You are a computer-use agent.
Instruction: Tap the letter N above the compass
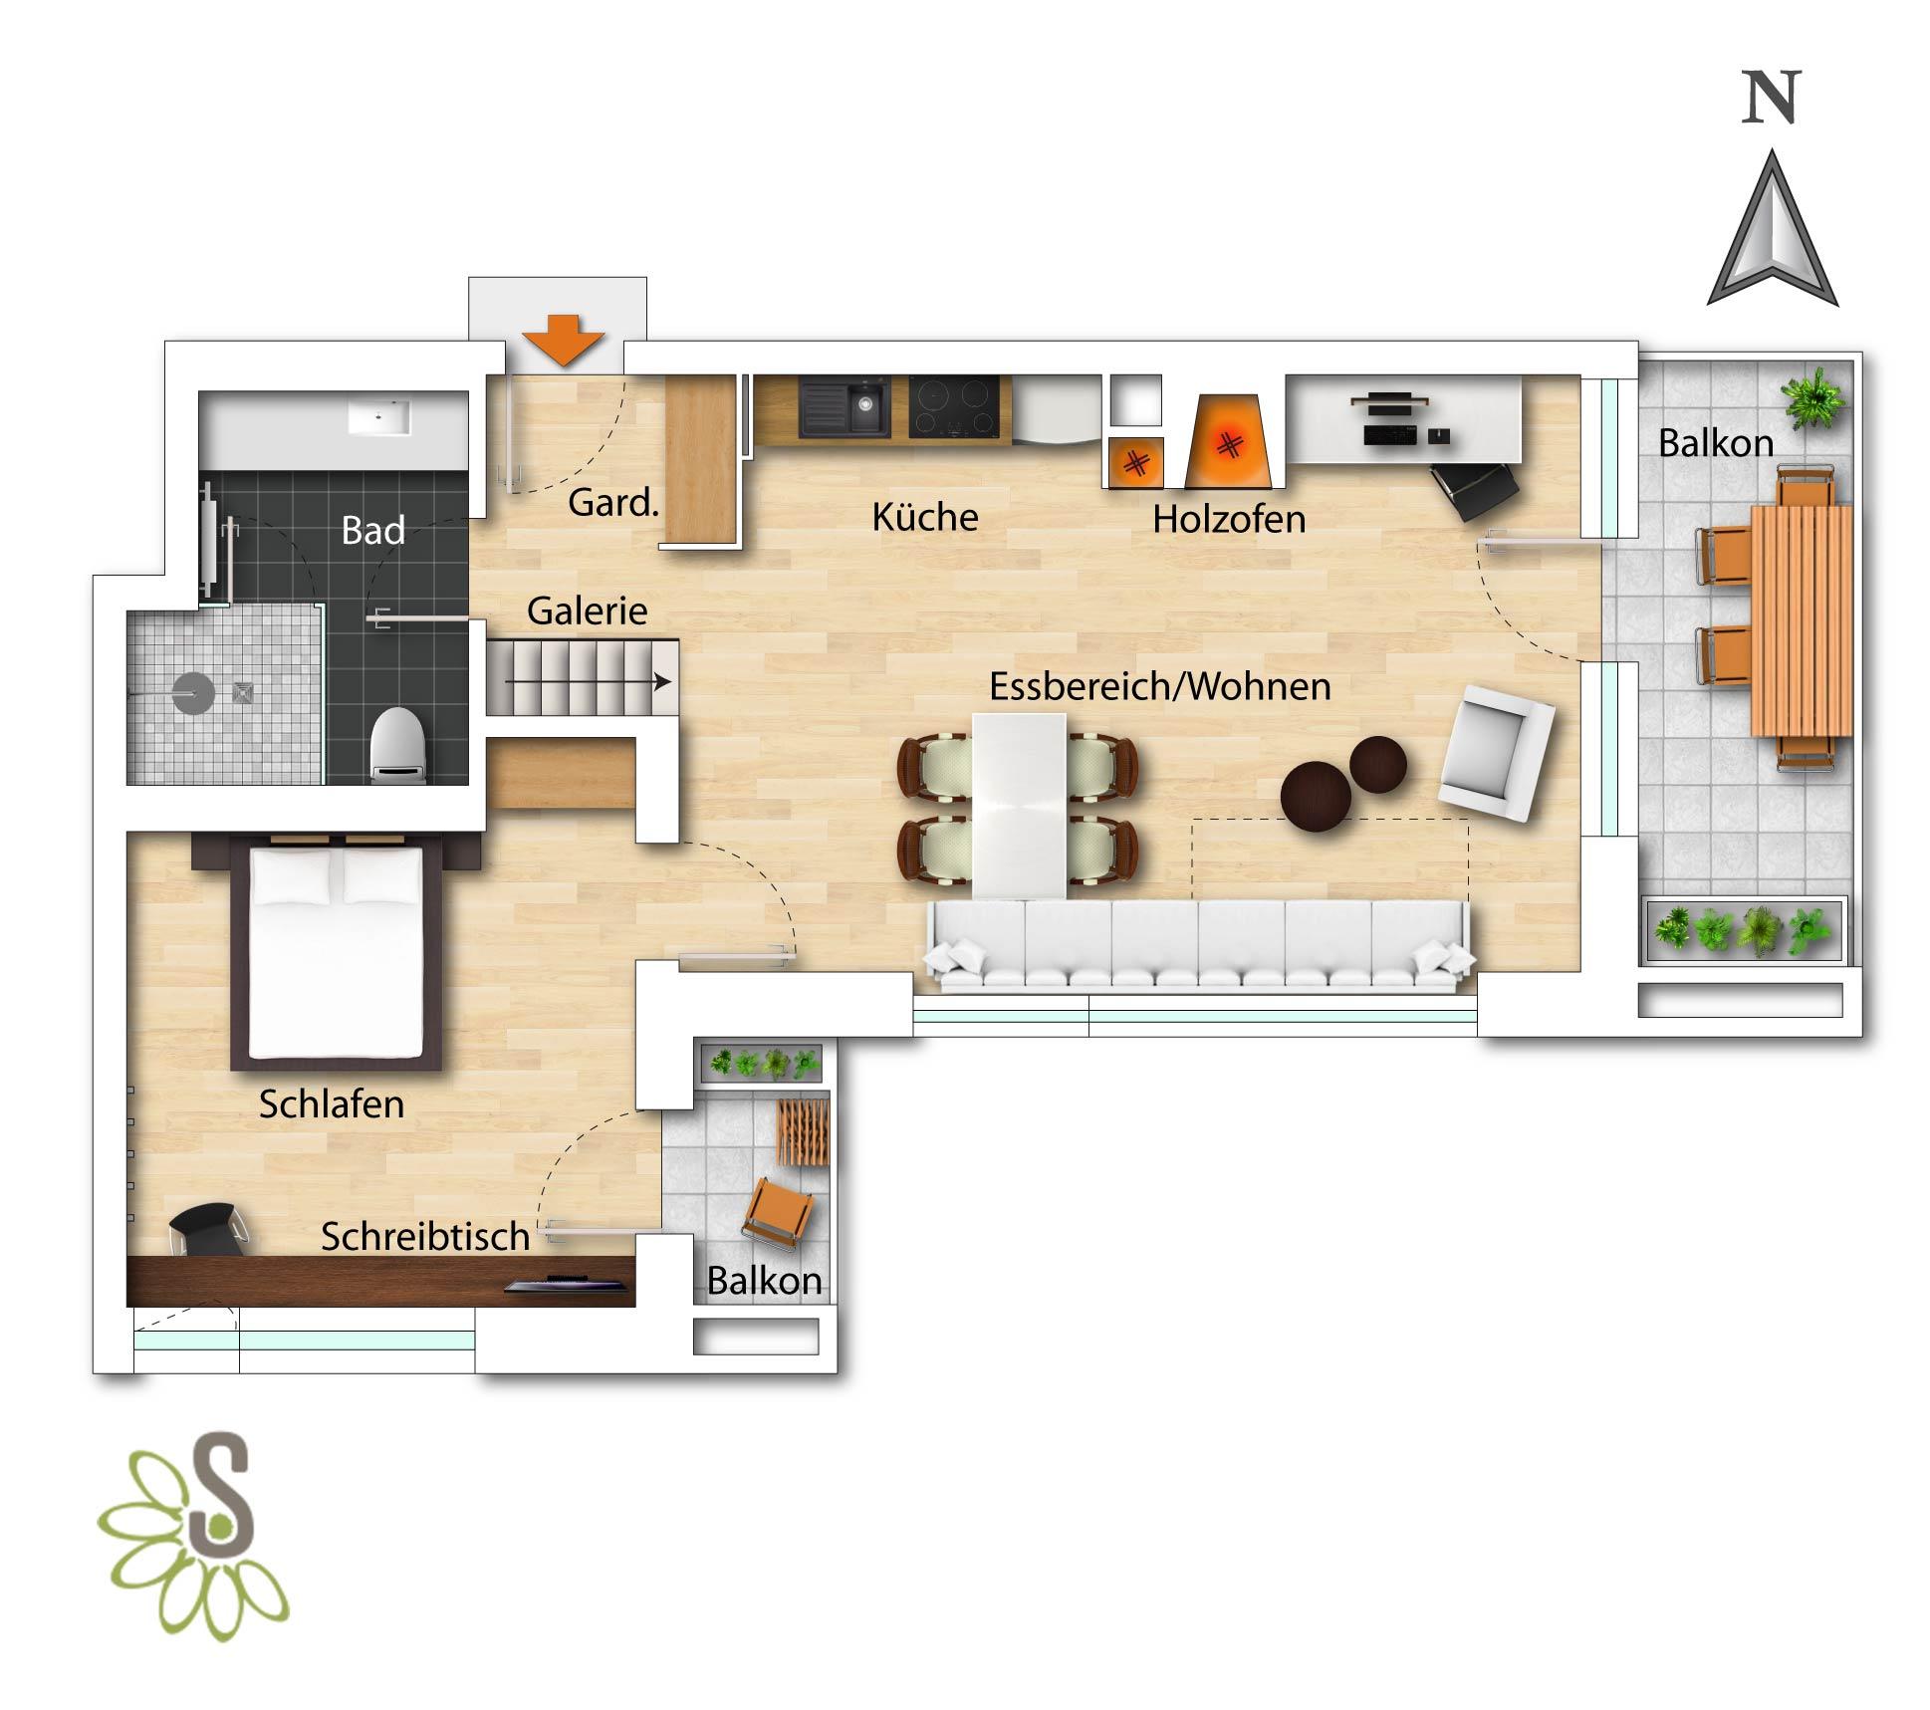tap(1772, 98)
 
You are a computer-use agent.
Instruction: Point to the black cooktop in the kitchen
tap(954, 406)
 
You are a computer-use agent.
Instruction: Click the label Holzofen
tap(1229, 519)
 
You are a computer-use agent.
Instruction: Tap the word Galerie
tap(587, 611)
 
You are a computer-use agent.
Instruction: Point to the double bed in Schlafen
tap(337, 951)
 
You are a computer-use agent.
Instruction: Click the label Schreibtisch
tap(425, 1237)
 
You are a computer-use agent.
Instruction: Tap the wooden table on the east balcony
tap(1802, 620)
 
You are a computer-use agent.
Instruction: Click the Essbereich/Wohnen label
tap(1160, 686)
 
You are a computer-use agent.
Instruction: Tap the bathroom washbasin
tap(378, 417)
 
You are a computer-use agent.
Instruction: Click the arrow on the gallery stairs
tap(588, 682)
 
